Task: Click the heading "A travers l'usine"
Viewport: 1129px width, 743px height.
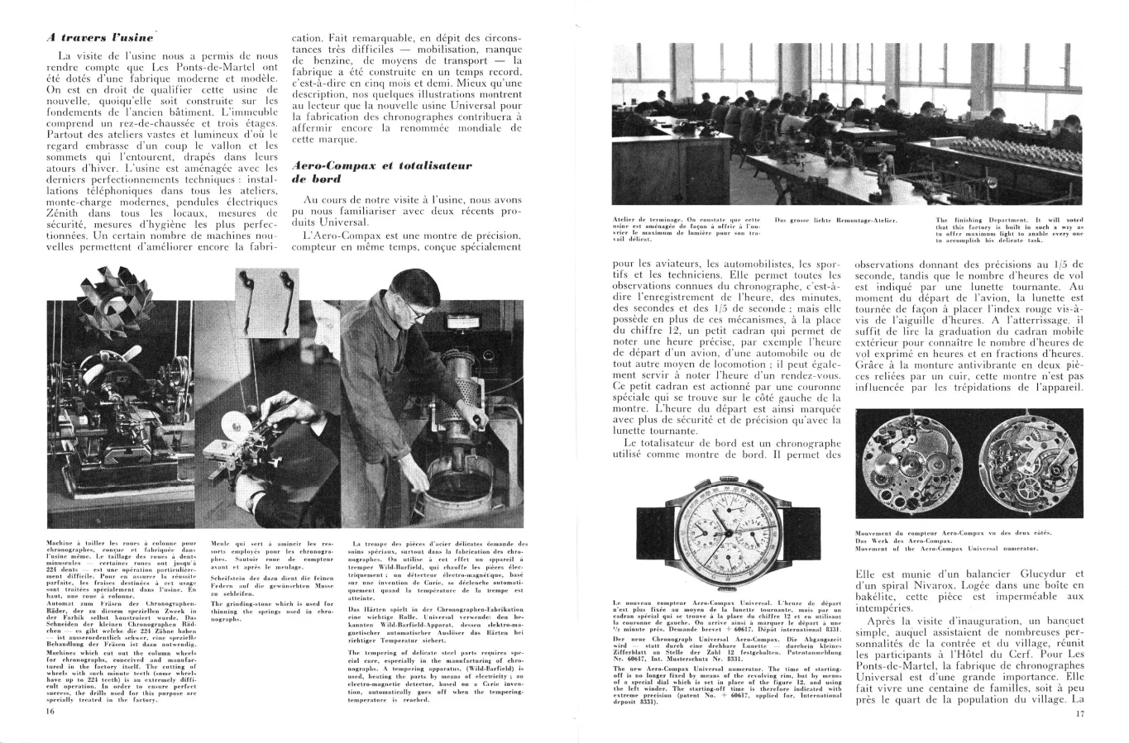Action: (x=99, y=36)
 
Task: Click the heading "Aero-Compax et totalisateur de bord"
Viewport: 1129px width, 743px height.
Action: (x=380, y=171)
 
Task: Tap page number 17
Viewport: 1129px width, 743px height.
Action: (x=1079, y=714)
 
